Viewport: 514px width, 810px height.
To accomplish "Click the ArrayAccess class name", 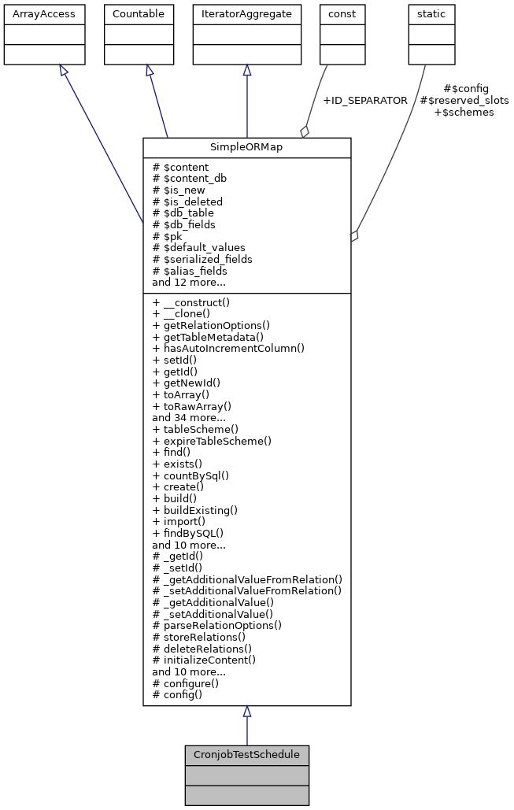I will (34, 14).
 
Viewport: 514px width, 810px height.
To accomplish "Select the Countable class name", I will (139, 14).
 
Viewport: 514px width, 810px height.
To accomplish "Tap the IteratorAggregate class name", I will (246, 14).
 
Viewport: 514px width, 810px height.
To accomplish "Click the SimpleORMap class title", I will (246, 148).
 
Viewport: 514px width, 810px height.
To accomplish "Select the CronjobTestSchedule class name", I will (246, 755).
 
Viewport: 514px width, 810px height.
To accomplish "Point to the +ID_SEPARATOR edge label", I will (364, 101).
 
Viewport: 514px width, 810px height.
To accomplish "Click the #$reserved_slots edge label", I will (464, 101).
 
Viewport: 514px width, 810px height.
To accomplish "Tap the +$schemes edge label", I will (464, 113).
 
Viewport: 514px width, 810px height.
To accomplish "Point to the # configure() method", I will (184, 683).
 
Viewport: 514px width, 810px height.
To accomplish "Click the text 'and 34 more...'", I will (188, 418).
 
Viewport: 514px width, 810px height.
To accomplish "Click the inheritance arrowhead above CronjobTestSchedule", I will (246, 712).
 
